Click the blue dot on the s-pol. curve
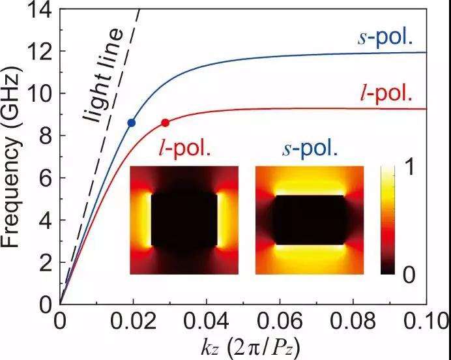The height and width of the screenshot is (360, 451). click(132, 123)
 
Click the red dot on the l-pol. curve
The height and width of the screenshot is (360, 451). click(166, 123)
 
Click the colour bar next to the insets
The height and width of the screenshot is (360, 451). click(390, 220)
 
